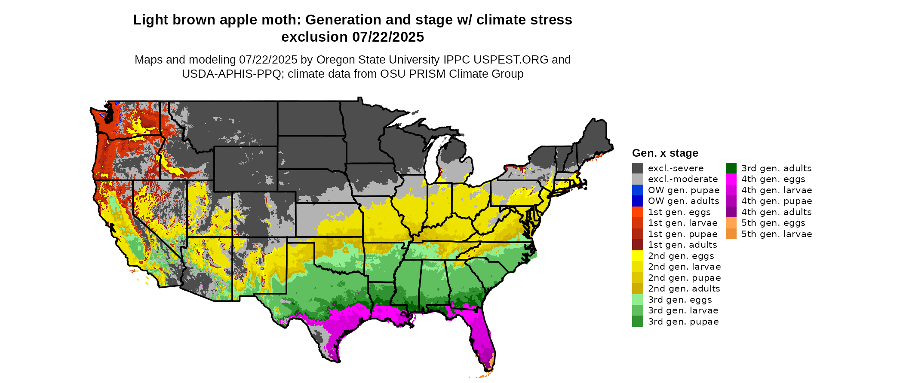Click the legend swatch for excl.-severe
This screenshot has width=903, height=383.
click(637, 168)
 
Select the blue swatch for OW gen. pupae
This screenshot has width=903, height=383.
click(637, 190)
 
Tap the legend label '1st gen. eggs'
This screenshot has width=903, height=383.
click(679, 212)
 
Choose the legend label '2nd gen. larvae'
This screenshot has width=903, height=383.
click(684, 267)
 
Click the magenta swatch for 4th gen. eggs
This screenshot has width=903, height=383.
click(731, 179)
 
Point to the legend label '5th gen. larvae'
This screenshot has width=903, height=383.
click(777, 234)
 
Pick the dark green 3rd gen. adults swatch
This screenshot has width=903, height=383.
click(731, 168)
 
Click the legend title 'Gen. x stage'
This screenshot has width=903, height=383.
click(665, 153)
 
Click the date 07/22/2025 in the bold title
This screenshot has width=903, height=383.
click(388, 37)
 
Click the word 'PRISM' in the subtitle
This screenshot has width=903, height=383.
click(427, 74)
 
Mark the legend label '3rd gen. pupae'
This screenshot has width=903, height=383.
click(683, 322)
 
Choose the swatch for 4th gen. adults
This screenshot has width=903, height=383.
click(731, 212)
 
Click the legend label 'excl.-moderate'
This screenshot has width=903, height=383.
click(683, 179)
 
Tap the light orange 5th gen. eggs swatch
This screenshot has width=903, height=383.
click(731, 223)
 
